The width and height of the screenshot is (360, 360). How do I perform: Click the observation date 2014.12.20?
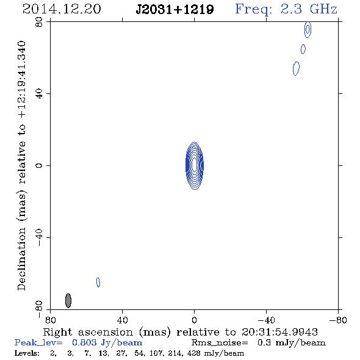pos(62,9)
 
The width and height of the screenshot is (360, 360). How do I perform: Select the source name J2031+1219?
pos(175,10)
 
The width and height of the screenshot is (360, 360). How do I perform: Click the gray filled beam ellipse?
pos(68,301)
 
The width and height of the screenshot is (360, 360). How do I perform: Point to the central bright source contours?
pos(195,165)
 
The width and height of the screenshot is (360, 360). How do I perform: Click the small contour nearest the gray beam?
pos(98,283)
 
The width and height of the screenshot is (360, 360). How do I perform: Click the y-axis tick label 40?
pos(39,94)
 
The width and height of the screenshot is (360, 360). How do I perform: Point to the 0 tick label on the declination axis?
pos(39,165)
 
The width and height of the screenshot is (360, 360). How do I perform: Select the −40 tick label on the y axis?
pos(39,237)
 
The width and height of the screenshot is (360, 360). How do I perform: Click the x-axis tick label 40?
pos(122,320)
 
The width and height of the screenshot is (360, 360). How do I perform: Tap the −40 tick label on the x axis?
pos(266,320)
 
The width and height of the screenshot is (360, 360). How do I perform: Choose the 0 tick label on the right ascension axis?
pos(194,320)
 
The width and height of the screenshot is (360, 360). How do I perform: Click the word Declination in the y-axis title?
pos(21,259)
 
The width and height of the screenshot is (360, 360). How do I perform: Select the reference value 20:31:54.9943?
pos(279,332)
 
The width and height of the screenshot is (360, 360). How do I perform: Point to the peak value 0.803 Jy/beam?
pos(107,342)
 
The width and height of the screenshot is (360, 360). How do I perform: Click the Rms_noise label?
pos(220,343)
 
